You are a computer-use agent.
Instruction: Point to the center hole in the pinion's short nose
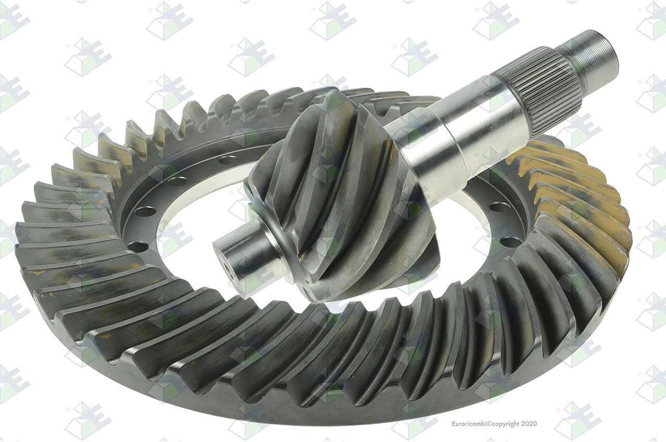pyautogui.click(x=229, y=271)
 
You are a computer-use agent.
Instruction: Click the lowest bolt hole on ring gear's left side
pyautogui.click(x=138, y=247)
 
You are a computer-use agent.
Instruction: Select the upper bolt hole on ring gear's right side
pyautogui.click(x=499, y=206)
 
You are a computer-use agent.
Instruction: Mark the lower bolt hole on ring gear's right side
pyautogui.click(x=510, y=241)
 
